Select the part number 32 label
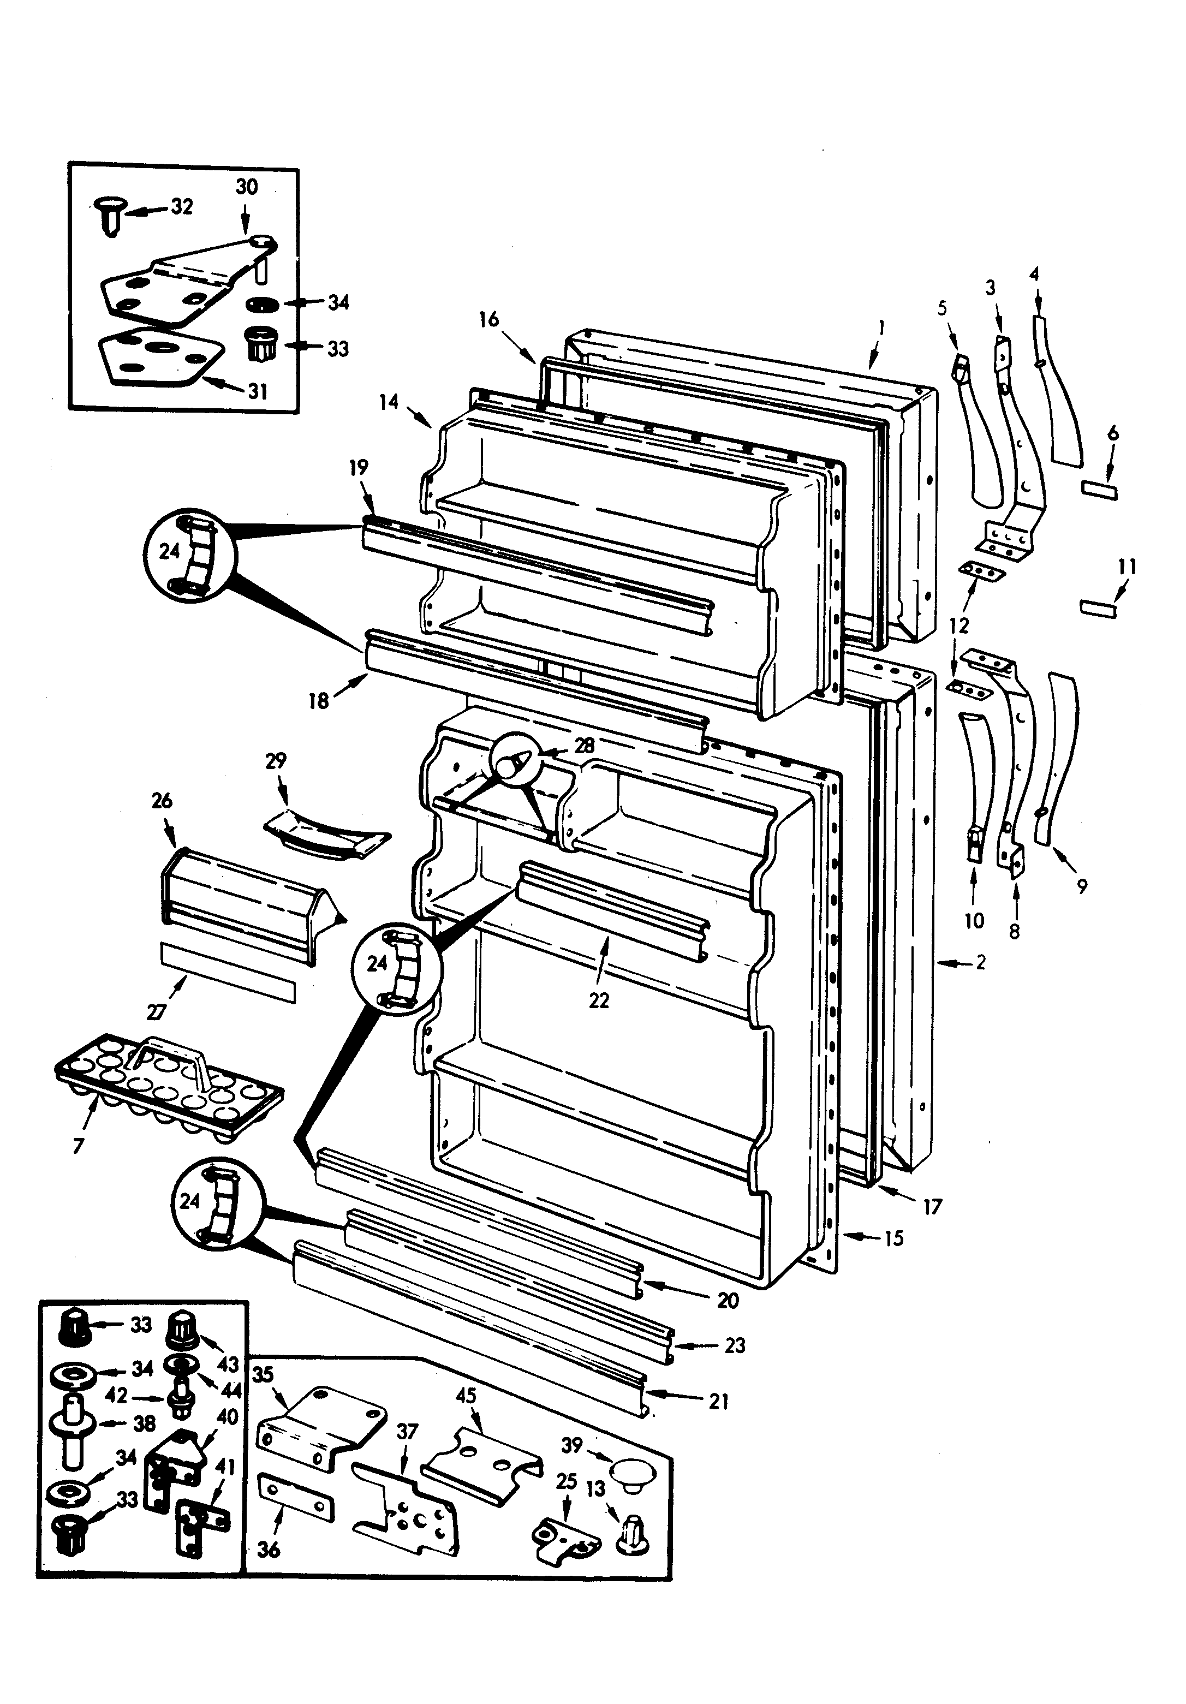(x=181, y=206)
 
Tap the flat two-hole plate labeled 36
(x=295, y=1497)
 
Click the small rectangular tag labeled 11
(x=1098, y=609)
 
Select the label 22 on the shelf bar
(x=598, y=1000)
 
